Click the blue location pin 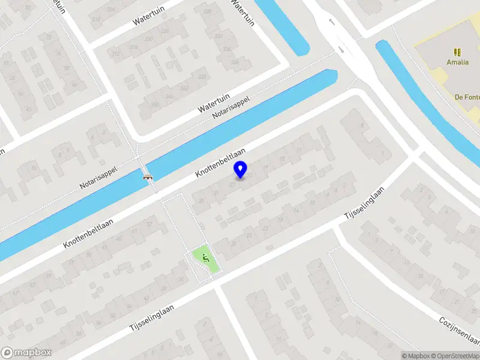[241, 169]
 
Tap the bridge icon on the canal [147, 177]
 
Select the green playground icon [206, 259]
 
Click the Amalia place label [457, 62]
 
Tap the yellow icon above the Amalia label [457, 52]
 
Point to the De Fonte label [466, 97]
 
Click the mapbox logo [24, 353]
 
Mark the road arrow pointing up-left [331, 22]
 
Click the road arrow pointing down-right [341, 49]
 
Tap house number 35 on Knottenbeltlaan [202, 201]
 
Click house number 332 [218, 36]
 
